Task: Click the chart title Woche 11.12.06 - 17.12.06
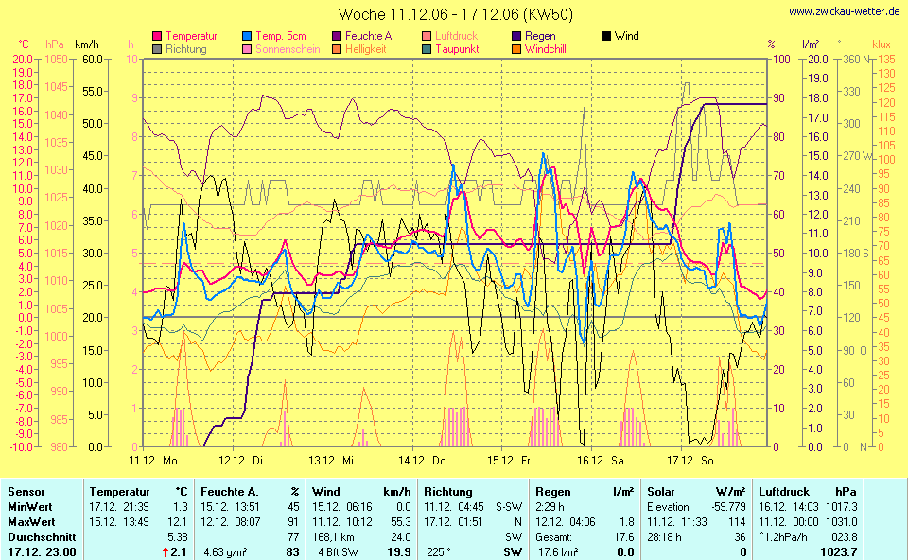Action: pos(455,15)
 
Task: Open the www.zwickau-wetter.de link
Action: pos(845,11)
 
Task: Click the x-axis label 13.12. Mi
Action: pos(332,460)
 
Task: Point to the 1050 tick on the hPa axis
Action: pos(56,59)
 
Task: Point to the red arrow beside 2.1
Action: pos(163,551)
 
